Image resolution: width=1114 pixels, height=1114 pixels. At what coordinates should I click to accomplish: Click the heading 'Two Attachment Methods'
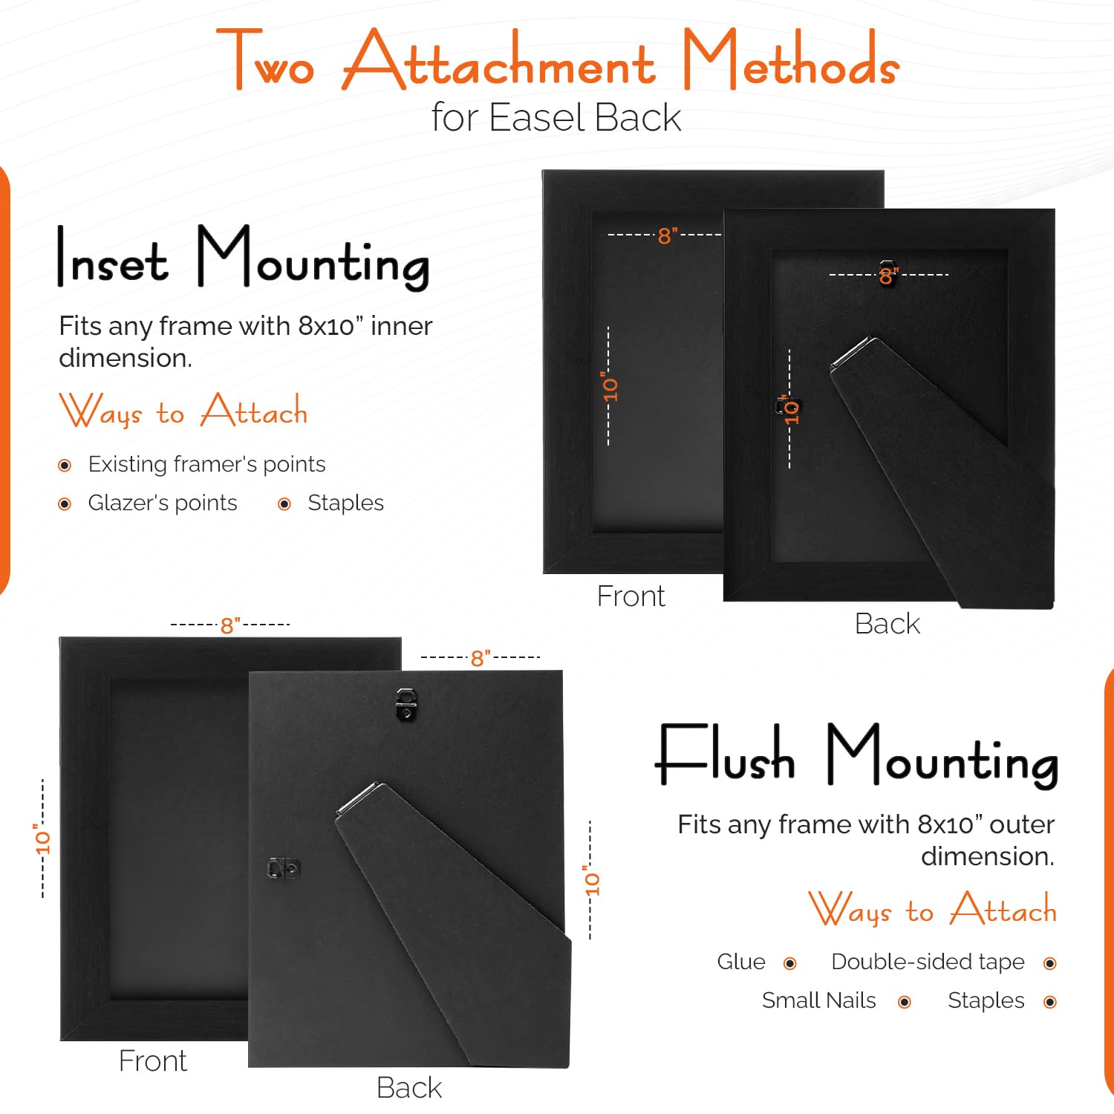pos(557,59)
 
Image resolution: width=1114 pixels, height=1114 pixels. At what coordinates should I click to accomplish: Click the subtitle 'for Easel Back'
pos(556,117)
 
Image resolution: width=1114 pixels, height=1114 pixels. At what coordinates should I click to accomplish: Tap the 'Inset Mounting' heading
pos(244,258)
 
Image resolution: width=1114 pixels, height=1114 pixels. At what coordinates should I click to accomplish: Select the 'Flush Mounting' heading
pos(856,756)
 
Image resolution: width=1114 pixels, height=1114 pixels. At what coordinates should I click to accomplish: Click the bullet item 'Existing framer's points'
pos(206,464)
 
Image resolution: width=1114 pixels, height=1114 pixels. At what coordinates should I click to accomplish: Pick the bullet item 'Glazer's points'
pos(163,503)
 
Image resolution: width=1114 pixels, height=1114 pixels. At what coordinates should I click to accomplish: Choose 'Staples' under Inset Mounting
pos(345,503)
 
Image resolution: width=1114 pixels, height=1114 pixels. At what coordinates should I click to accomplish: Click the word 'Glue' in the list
pos(741,962)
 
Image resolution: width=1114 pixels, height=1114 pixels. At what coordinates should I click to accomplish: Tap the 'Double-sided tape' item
pos(928,962)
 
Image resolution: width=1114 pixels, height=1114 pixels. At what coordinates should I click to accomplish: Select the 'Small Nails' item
pos(819,1000)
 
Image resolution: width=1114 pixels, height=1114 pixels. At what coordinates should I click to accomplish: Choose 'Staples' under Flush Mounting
pos(986,1001)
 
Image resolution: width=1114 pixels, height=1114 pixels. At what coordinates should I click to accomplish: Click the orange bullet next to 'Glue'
pos(790,963)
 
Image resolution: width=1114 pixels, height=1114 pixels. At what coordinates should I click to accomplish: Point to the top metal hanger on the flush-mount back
pos(405,704)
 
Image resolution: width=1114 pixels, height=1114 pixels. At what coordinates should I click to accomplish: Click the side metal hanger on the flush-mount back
pos(284,868)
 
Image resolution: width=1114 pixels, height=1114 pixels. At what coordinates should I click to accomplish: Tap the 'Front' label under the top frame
pos(631,596)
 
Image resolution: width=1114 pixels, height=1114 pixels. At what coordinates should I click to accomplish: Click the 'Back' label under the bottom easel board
pos(409,1088)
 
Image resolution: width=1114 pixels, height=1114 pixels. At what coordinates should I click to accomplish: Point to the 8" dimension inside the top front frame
pos(665,235)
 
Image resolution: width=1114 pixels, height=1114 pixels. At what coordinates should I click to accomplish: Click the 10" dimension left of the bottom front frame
pos(42,838)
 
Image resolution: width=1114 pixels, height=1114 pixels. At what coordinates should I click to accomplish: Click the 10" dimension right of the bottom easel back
pos(590,881)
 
